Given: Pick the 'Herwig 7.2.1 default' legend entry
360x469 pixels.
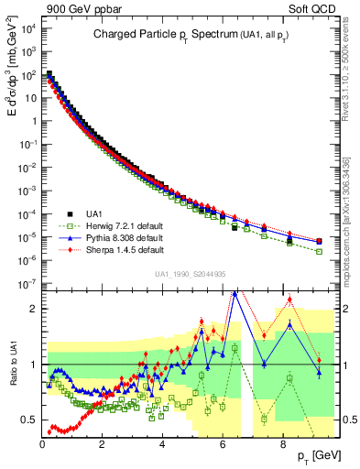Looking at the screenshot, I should click(x=115, y=226).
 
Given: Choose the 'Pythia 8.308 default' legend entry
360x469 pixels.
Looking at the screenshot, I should click(x=115, y=237).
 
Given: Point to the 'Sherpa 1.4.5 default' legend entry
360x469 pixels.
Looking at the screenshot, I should click(x=115, y=249).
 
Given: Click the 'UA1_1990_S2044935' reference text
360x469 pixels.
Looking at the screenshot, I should click(x=191, y=273).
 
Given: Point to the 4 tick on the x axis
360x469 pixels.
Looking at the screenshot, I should click(x=162, y=442).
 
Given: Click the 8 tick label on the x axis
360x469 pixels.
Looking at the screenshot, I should click(x=282, y=442).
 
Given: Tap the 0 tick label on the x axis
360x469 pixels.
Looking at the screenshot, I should click(x=43, y=442).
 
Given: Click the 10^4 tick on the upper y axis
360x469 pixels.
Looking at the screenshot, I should click(x=29, y=27).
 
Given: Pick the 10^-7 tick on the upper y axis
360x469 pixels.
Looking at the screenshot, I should click(x=29, y=284).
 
